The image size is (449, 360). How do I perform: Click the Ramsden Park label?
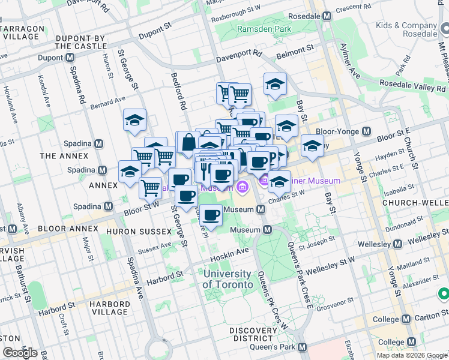(x=264, y=29)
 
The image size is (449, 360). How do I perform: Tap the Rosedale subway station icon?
(x=327, y=16)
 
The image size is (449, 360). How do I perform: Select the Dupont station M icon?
(x=70, y=58)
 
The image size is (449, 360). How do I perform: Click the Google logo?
(x=19, y=353)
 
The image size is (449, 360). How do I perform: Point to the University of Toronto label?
(x=227, y=279)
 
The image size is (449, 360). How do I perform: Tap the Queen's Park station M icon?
(x=303, y=347)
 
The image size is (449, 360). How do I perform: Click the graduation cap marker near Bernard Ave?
(x=135, y=120)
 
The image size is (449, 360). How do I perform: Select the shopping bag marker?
(x=188, y=143)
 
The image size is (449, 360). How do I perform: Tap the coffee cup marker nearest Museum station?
(x=211, y=215)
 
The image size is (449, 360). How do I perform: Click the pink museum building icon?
(x=242, y=187)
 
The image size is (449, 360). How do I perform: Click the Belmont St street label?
(x=295, y=48)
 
